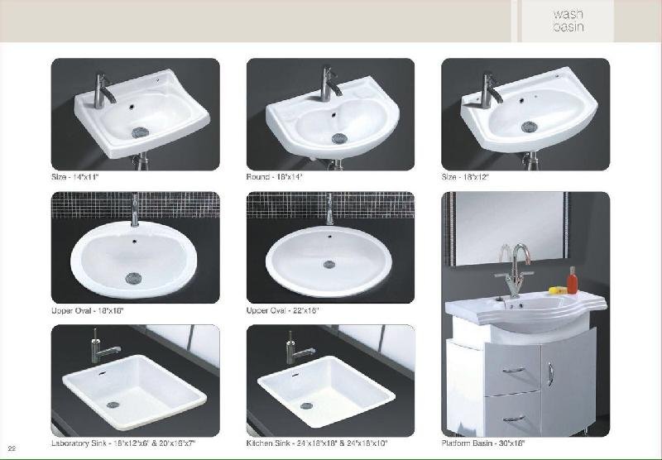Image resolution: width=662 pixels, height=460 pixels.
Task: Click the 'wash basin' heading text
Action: click(x=568, y=20)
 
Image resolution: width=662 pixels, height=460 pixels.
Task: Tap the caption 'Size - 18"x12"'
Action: click(x=468, y=177)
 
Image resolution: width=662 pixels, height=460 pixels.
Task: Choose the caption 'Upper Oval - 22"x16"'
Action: click(x=282, y=310)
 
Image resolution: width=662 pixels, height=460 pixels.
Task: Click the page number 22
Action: click(x=12, y=448)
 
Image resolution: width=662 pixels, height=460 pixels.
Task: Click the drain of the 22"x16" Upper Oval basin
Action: click(x=329, y=265)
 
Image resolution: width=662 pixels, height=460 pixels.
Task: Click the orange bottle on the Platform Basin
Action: click(x=571, y=280)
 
